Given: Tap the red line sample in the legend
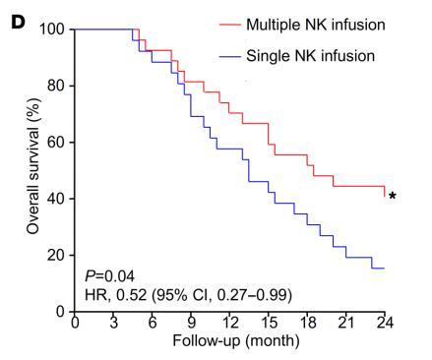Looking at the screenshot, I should [x=227, y=24].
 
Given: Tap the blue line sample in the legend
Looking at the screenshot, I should [x=227, y=55].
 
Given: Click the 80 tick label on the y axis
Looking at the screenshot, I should [x=56, y=86].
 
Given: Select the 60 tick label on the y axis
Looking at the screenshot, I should [x=56, y=142].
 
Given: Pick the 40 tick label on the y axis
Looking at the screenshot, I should [x=56, y=199].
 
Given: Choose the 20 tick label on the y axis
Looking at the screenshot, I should [x=56, y=255].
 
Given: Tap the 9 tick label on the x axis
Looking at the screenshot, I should [x=191, y=323].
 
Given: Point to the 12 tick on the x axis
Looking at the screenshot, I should [x=229, y=323].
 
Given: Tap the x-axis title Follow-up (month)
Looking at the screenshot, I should [x=229, y=342].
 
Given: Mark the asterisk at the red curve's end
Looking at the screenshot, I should [x=393, y=197].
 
